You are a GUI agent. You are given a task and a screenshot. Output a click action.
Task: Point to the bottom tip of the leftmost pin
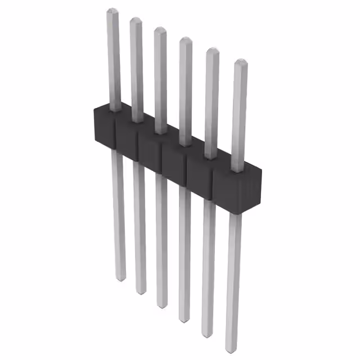(x=120, y=278)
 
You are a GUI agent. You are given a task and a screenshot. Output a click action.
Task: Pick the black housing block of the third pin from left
(x=151, y=150)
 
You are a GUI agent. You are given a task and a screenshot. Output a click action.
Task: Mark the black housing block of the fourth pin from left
(x=174, y=161)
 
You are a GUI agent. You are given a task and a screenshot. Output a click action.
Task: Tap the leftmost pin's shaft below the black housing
(x=117, y=214)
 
